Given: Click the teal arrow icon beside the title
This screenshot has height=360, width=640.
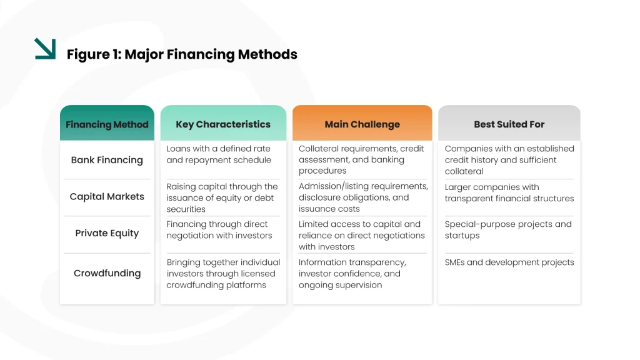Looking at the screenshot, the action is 45,49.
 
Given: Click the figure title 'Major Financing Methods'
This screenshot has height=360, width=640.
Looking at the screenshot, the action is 211,54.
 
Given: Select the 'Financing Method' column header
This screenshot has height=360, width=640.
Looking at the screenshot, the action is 107,124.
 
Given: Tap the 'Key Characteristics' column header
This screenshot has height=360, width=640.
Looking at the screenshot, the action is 223,124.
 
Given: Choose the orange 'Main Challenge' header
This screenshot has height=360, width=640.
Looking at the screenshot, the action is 362,124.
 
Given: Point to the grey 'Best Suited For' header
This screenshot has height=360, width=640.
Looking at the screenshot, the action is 509,124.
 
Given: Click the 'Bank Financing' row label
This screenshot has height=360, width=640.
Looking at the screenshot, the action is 107,160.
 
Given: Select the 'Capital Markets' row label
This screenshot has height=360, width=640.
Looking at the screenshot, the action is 107,197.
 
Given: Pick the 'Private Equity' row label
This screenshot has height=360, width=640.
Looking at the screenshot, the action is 107,233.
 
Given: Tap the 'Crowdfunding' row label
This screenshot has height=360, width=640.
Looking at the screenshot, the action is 107,273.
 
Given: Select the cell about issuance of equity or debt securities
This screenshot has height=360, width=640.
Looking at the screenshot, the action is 222,198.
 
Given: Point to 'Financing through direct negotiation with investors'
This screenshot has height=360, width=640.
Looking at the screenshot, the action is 219,230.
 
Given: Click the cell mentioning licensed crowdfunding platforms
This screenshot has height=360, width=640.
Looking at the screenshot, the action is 223,274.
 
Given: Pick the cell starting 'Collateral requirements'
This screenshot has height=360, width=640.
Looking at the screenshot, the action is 361,159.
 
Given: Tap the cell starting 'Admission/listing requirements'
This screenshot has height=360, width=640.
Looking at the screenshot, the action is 363,197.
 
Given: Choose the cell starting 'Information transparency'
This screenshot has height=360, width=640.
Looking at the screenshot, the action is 352,274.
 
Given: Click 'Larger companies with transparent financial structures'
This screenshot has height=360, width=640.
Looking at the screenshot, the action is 509,192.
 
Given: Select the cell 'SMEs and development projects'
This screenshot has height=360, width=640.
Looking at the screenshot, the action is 509,262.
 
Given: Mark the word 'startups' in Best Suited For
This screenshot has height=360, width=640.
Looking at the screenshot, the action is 462,236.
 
